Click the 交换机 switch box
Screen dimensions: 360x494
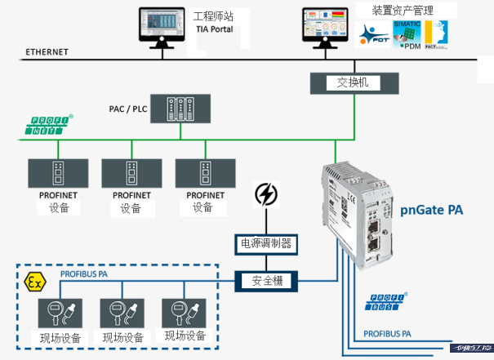click(x=354, y=82)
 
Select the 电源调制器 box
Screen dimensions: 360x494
click(x=265, y=242)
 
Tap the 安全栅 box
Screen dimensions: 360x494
click(x=265, y=281)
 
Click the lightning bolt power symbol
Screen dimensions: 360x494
click(x=266, y=194)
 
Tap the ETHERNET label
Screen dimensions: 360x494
click(x=47, y=51)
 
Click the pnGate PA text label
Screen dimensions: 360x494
click(x=433, y=210)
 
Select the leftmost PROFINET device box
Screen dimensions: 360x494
click(x=59, y=174)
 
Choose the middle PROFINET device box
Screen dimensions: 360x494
click(x=131, y=174)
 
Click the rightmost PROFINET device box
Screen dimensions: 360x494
click(x=205, y=174)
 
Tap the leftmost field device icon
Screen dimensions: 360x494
click(x=59, y=313)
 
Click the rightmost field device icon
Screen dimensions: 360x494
click(x=184, y=313)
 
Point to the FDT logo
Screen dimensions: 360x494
click(x=374, y=33)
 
